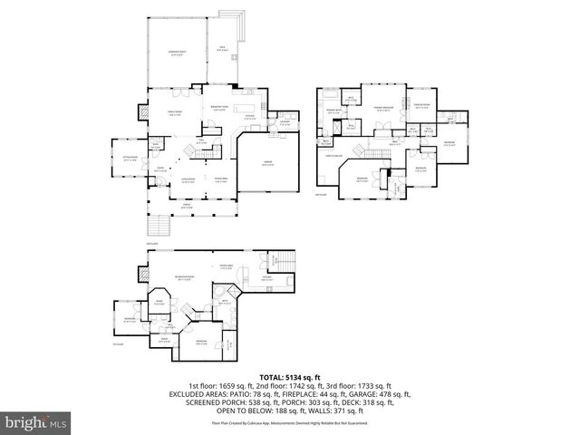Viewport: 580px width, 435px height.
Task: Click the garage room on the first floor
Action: pos(267,165)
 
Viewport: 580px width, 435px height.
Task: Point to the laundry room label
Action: pos(284,122)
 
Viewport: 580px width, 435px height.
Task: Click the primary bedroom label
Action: pos(383,108)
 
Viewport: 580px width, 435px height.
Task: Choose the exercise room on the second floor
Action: pos(423,106)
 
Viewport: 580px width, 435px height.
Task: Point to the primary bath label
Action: pos(333,109)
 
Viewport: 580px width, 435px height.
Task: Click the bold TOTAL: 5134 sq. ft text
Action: pos(289,376)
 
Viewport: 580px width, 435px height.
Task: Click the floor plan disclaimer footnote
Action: pos(289,423)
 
